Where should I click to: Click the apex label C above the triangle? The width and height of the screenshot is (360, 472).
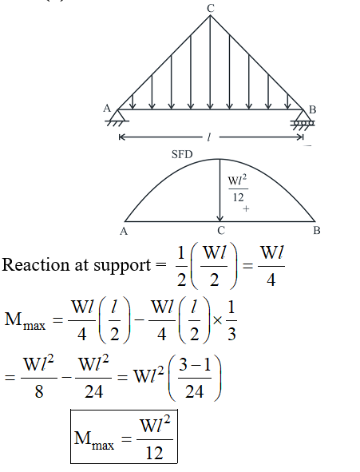point(211,9)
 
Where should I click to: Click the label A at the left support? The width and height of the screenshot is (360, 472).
point(107,108)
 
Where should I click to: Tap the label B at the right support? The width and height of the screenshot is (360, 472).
point(312,110)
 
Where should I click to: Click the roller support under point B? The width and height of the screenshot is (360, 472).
point(303,120)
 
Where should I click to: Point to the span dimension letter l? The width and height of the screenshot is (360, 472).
point(209,137)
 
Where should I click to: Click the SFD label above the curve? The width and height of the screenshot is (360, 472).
point(182,154)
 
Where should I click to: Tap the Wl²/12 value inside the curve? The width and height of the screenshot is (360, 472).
point(238,188)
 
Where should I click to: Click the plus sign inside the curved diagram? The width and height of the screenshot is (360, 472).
point(246,208)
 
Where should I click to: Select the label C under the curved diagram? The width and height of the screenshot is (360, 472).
point(221,231)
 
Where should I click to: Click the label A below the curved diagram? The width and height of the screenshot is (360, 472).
point(124,231)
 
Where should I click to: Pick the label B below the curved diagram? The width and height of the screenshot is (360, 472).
point(317,231)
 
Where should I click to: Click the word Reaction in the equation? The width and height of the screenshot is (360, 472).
point(36,265)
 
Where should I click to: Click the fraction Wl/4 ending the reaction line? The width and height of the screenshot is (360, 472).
point(271,266)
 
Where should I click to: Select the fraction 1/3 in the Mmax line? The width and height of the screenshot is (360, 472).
point(231,321)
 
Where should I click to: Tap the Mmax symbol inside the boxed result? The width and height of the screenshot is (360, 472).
point(94,440)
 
